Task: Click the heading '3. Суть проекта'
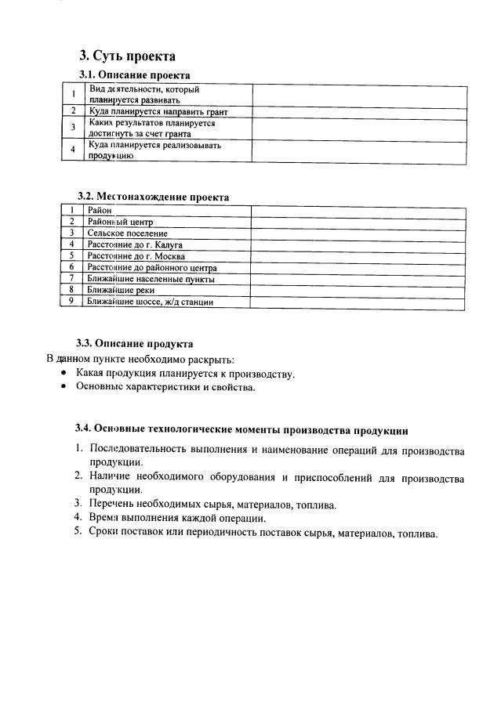128,56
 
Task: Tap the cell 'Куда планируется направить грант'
158,112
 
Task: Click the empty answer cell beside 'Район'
358,211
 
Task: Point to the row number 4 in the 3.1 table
73,150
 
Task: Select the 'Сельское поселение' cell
128,233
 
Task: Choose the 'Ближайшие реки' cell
121,290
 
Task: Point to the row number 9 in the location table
71,301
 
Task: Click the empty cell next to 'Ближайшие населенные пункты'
358,278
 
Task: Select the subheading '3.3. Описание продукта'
134,343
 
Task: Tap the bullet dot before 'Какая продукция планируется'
64,374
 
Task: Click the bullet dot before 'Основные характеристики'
64,387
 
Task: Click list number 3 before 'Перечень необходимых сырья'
78,505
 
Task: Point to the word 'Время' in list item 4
105,518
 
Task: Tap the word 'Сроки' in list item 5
105,534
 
